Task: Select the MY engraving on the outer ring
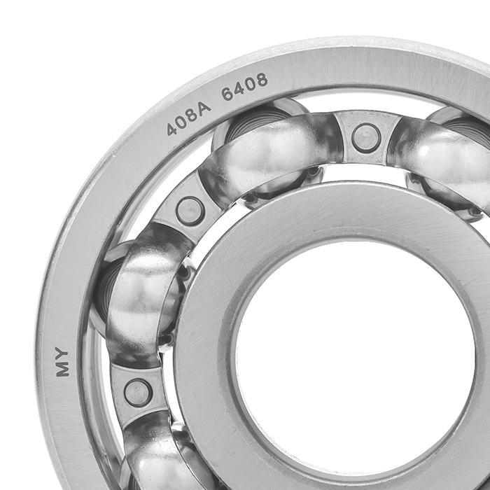tap(62, 361)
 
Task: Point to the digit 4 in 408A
tap(171, 129)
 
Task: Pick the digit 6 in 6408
tap(227, 94)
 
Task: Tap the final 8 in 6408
tap(262, 80)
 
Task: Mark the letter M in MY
tap(62, 370)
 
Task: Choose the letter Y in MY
tap(62, 353)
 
